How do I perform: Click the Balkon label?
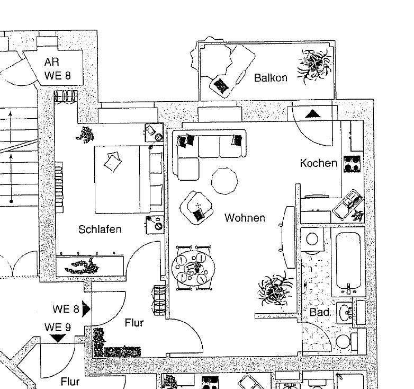click(x=271, y=78)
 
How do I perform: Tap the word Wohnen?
click(x=245, y=218)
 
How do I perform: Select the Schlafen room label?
click(x=100, y=229)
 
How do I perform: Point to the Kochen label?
click(x=318, y=163)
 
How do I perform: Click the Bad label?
click(x=319, y=313)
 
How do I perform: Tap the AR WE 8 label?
click(x=57, y=69)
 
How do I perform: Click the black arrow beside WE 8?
click(x=86, y=308)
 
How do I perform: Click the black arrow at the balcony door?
click(x=313, y=113)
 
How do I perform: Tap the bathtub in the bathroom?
click(x=348, y=260)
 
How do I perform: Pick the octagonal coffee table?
click(x=225, y=181)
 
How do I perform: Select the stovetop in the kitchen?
click(x=352, y=164)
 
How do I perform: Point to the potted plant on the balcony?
click(x=316, y=65)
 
